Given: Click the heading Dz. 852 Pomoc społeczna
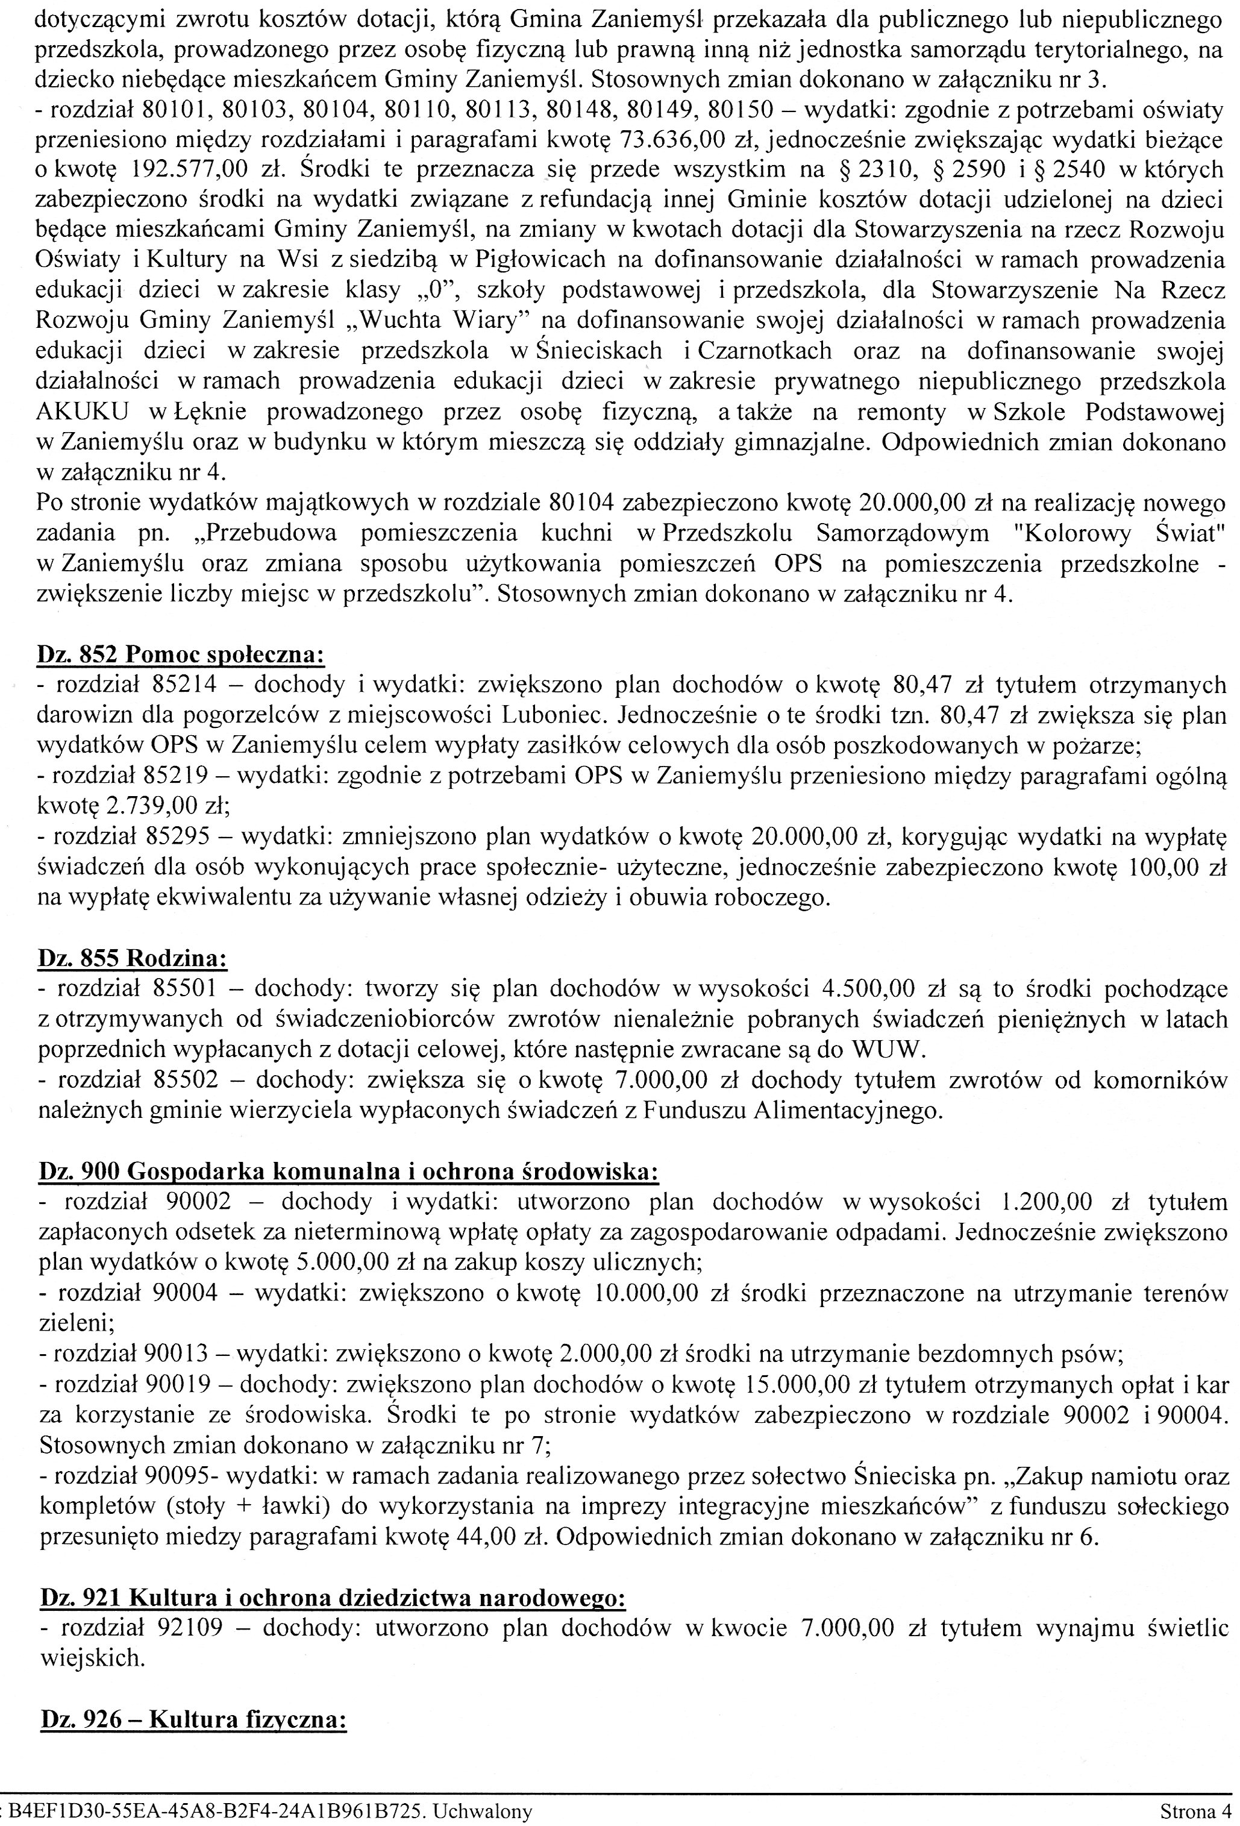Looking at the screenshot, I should [181, 654].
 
